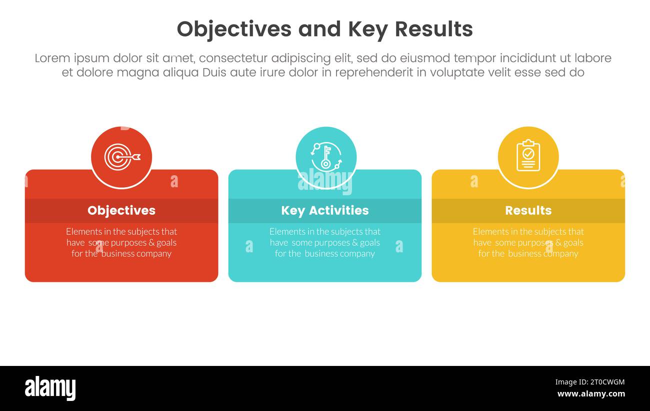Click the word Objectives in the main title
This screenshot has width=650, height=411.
pyautogui.click(x=233, y=30)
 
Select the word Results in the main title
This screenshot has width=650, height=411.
pyautogui.click(x=433, y=30)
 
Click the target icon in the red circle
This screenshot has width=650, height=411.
pyautogui.click(x=121, y=157)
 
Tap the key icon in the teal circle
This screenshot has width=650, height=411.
pyautogui.click(x=325, y=157)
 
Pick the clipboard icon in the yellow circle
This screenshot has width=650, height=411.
pyautogui.click(x=528, y=157)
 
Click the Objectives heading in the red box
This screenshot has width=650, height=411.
pyautogui.click(x=121, y=210)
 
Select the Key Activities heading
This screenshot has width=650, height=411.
pyautogui.click(x=325, y=210)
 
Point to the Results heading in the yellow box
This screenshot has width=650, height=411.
pyautogui.click(x=528, y=210)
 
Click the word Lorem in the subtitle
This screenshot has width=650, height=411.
pyautogui.click(x=52, y=58)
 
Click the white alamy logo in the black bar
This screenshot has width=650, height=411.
pyautogui.click(x=50, y=388)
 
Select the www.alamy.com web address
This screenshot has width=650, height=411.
pyautogui.click(x=590, y=394)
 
